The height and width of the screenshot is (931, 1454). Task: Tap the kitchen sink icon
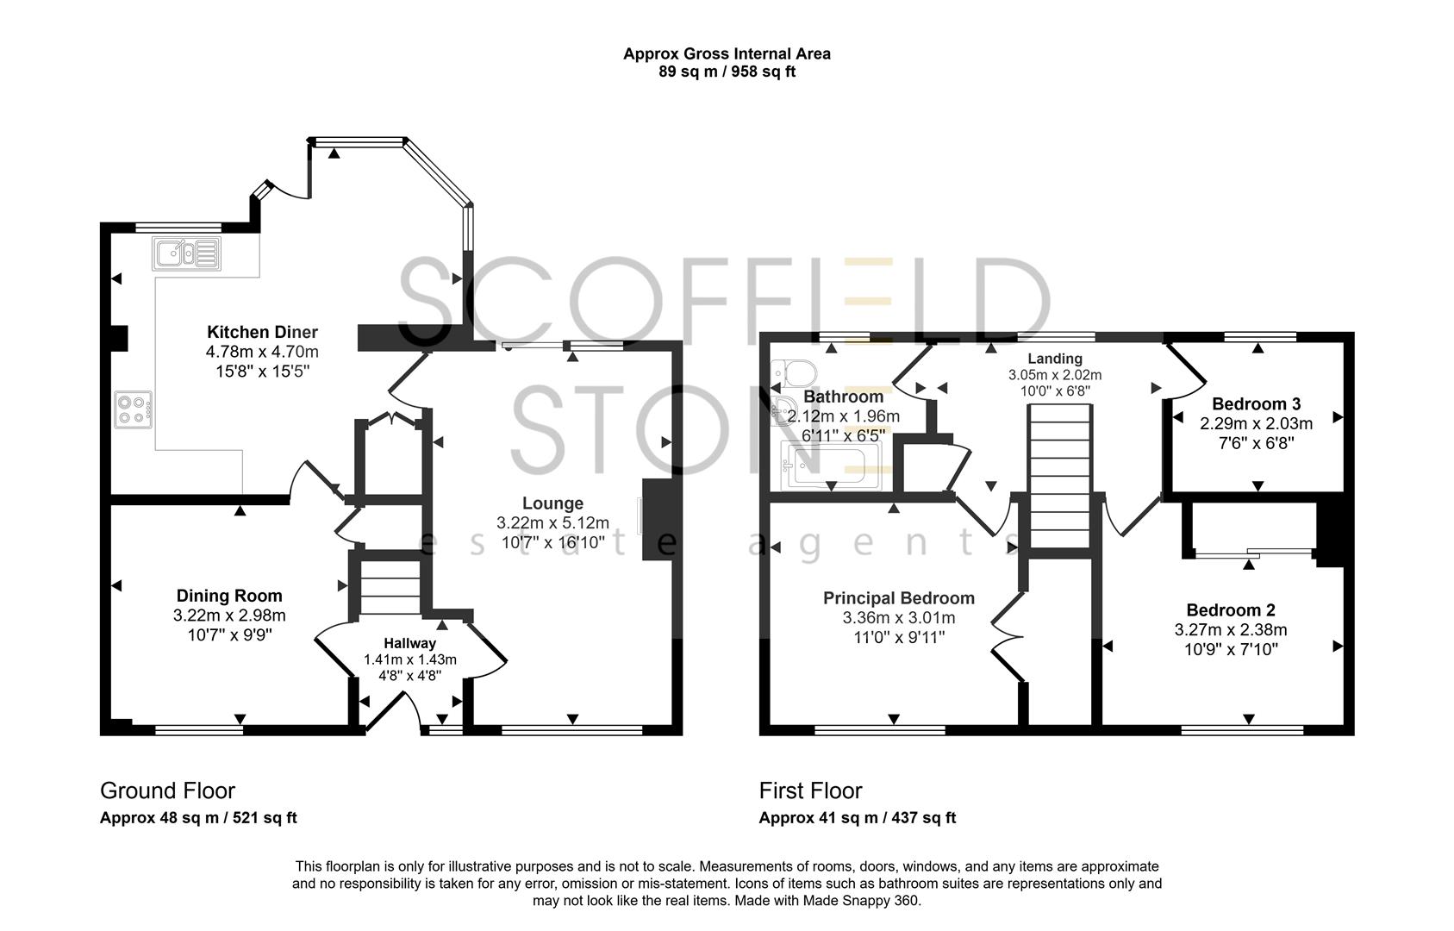[x=187, y=253]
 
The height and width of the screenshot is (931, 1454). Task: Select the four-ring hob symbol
[x=134, y=409]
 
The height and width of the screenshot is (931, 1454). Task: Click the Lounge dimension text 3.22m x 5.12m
[x=552, y=523]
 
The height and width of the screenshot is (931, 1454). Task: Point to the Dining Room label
[x=229, y=596]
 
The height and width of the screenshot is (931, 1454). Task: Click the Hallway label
[x=409, y=643]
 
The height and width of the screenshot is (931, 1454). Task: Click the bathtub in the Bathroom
[x=828, y=466]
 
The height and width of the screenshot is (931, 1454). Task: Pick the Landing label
[x=1054, y=359]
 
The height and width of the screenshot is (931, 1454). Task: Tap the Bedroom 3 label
[x=1256, y=403]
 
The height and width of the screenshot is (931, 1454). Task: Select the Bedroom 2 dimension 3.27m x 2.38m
[x=1230, y=630]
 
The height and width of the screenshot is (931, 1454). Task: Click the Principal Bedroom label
[x=898, y=598]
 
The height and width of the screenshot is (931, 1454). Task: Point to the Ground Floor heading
[x=167, y=790]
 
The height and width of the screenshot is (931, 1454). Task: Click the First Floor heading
[x=810, y=790]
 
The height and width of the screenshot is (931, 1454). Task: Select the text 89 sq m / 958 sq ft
[x=727, y=72]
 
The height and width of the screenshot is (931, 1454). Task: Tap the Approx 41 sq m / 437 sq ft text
[x=857, y=818]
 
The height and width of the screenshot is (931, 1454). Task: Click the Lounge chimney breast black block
[x=657, y=520]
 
